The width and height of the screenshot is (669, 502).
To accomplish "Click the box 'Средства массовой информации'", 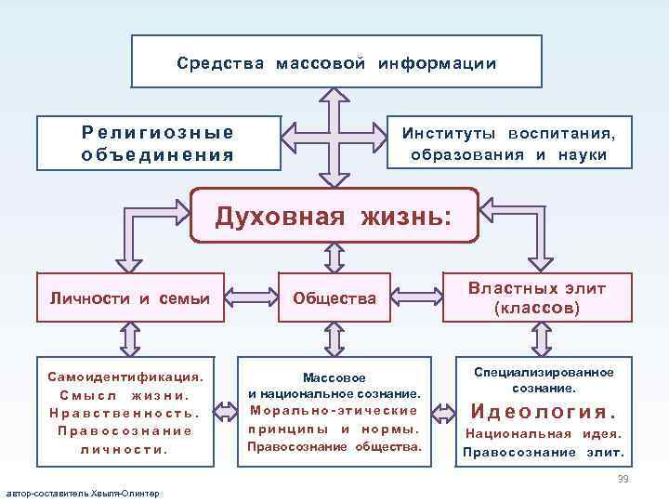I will point(336,62).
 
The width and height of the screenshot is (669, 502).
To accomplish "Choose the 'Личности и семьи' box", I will point(129,298).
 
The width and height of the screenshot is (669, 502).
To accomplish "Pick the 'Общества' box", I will point(334,298).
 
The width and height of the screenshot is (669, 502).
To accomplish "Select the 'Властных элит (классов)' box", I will point(537,297).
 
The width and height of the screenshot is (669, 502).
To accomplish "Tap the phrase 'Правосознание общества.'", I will point(334,447).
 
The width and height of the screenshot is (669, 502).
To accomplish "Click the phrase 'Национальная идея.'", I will point(544,434).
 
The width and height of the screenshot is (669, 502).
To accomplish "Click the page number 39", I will point(623,478).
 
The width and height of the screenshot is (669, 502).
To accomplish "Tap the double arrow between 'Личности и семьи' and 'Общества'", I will point(252,298).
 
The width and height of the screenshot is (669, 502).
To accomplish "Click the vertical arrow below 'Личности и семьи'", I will point(129,339).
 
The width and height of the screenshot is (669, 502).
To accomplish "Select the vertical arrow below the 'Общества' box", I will point(334,339).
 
